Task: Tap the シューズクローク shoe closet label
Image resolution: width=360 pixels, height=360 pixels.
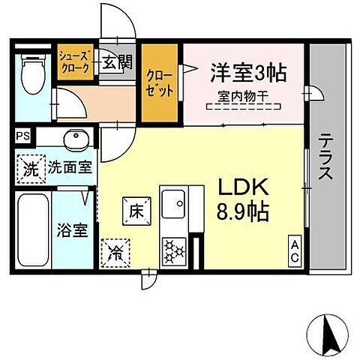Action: [x=76, y=62]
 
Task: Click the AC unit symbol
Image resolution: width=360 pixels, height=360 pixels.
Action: [x=295, y=250]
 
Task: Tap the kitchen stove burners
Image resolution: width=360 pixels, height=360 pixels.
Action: [x=175, y=248]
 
